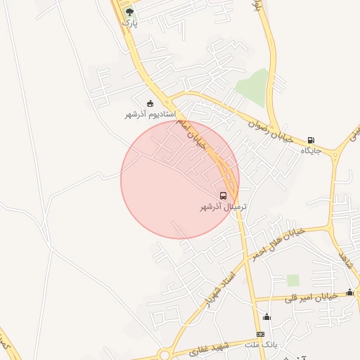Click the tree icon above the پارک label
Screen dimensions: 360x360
point(129,12)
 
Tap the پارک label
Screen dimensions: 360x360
point(127,22)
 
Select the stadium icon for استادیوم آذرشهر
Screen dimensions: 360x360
point(149,104)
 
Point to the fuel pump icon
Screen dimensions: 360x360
point(311,140)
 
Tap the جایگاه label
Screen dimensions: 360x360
point(311,150)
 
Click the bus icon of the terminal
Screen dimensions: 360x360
point(223,195)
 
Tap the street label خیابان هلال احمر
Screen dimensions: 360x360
point(279,242)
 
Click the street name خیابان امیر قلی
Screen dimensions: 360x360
point(312,297)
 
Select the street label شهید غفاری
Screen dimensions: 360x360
point(208,349)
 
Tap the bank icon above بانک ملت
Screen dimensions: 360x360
point(260,334)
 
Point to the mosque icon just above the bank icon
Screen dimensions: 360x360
point(266,317)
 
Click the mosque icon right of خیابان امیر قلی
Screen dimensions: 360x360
point(349,292)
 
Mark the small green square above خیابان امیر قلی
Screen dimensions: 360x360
point(292,281)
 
